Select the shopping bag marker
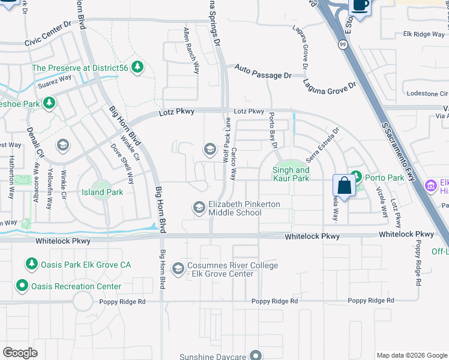coord(345,185)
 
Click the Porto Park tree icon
coord(356,176)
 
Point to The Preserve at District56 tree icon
coord(138,67)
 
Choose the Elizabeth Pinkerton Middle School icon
coord(199,208)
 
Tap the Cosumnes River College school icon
coord(178,269)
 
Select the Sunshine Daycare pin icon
coord(256,355)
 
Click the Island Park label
coord(102,193)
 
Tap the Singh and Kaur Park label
coord(291,174)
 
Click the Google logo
coord(20,353)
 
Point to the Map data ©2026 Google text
coord(411,355)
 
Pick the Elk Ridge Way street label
coord(424,34)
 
